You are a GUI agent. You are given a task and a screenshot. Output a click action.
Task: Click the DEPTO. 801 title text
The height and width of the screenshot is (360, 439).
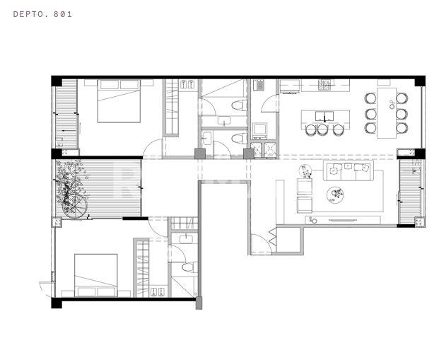click(x=42, y=14)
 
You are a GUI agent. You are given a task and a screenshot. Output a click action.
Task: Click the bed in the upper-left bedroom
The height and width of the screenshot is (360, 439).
click(x=119, y=101)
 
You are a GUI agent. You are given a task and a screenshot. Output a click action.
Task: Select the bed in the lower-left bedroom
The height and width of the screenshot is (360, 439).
click(x=95, y=275)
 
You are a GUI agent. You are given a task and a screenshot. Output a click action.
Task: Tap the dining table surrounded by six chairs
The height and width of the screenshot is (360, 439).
click(x=387, y=113)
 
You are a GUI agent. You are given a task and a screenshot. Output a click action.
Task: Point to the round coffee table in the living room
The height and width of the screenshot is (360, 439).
click(x=335, y=194)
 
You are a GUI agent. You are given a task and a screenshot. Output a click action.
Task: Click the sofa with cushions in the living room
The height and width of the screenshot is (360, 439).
click(x=349, y=170)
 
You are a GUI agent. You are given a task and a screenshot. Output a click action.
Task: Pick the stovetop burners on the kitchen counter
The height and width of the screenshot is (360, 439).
click(x=324, y=85)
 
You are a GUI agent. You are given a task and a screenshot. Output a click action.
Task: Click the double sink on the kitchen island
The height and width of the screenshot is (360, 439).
click(x=324, y=116)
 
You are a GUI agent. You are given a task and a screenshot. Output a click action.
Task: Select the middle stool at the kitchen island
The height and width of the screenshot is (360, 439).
click(x=322, y=130)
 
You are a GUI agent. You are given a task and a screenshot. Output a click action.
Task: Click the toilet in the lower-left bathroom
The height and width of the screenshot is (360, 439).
click(x=189, y=267)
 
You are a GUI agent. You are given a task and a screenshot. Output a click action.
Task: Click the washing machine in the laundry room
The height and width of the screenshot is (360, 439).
click(x=259, y=131)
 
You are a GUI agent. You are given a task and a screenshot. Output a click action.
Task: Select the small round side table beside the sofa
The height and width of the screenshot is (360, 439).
click(x=305, y=171)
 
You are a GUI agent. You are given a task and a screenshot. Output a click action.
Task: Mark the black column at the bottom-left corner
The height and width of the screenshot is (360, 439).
click(x=57, y=303)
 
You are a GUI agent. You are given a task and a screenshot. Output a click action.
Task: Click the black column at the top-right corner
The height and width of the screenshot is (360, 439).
click(x=420, y=81)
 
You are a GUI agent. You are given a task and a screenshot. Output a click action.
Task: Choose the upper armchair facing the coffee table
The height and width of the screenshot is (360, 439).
click(x=305, y=186)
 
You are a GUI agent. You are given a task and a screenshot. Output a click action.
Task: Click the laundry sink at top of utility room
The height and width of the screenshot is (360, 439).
click(x=259, y=85)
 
